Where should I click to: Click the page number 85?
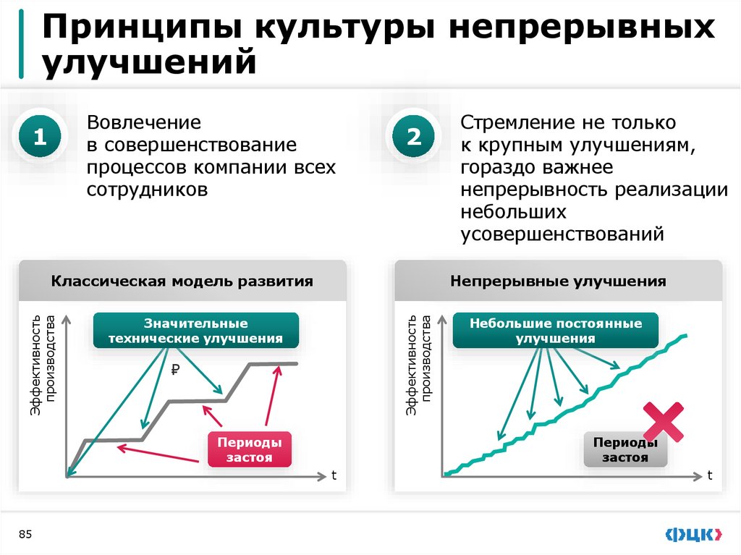click(25, 534)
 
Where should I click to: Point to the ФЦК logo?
click(693, 534)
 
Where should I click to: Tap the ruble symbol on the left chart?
click(174, 370)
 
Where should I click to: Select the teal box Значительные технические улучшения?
click(195, 331)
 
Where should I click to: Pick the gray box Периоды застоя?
click(624, 450)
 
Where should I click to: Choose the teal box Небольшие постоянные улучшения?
click(556, 331)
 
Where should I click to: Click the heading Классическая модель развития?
click(182, 281)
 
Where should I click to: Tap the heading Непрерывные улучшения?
click(557, 281)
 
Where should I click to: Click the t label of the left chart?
click(334, 475)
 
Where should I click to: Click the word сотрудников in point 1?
click(148, 190)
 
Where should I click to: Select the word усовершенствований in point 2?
click(562, 234)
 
